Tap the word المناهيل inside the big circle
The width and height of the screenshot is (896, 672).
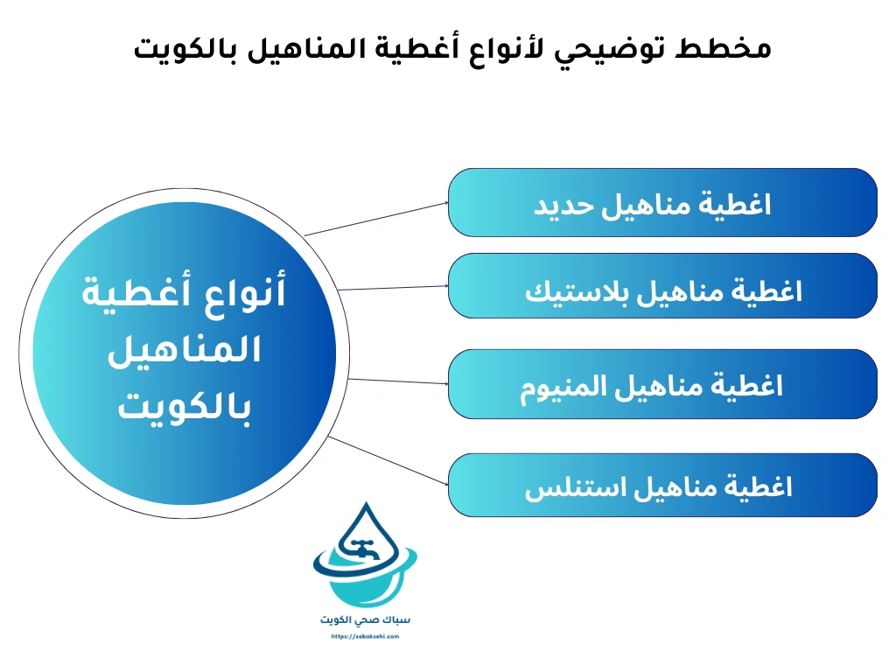point(185,350)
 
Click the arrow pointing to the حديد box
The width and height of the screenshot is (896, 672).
point(376,219)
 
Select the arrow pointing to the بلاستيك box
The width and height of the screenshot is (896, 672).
point(392,287)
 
